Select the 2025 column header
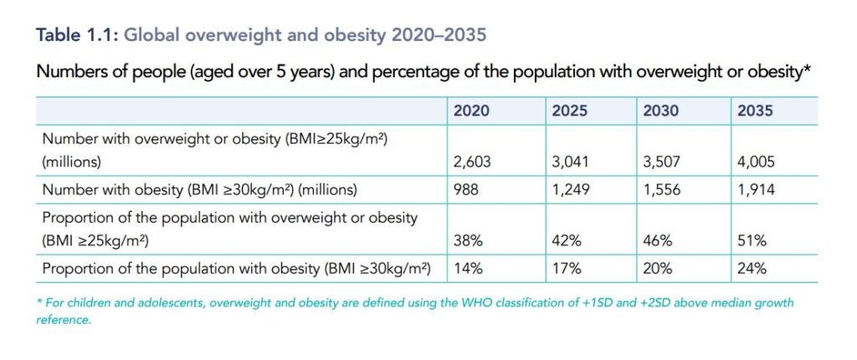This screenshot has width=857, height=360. pos(569,111)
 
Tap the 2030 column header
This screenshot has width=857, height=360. pos(660,111)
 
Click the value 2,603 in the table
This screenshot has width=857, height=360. pos(473,162)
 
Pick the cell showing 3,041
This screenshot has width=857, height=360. pos(572,162)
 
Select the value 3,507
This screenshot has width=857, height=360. pos(663,162)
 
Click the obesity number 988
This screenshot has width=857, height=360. pos(466,190)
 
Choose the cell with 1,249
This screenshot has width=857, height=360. pos(572,190)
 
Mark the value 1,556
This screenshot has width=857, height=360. pos(663,190)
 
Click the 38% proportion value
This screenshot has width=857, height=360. pos(467,241)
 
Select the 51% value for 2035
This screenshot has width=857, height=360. pos(750,241)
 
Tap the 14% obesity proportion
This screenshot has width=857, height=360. pos(467,269)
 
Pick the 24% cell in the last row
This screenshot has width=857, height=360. pos(751,269)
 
